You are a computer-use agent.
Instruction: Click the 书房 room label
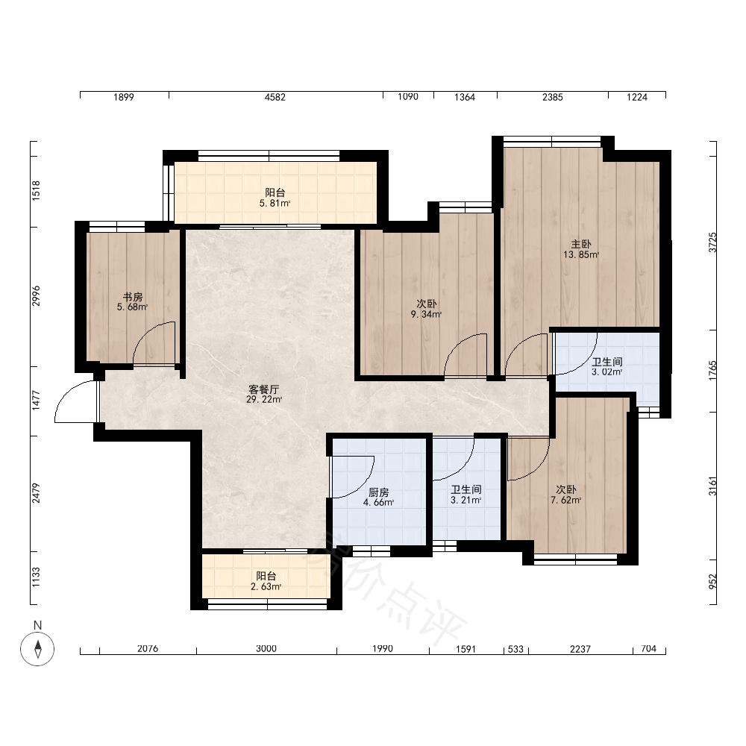[x=133, y=297]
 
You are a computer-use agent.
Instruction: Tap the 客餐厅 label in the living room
[x=264, y=389]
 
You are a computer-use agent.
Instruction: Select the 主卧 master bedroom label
[x=581, y=244]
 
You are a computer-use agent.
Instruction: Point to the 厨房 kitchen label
[x=379, y=492]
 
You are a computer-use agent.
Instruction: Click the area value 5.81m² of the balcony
[x=275, y=203]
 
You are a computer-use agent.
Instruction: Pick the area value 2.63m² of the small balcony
[x=266, y=586]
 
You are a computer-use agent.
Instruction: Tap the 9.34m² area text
[x=426, y=314]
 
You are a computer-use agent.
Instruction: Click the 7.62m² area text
[x=566, y=500]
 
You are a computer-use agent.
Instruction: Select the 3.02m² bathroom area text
[x=607, y=372]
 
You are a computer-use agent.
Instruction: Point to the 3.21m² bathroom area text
[x=466, y=500]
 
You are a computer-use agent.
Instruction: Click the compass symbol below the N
[x=37, y=648]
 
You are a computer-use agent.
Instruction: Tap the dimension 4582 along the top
[x=275, y=97]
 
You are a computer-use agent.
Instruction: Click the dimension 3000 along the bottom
[x=266, y=648]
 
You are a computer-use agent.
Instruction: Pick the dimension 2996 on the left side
[x=36, y=296]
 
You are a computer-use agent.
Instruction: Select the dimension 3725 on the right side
[x=712, y=242]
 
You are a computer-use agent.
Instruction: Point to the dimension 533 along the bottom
[x=515, y=648]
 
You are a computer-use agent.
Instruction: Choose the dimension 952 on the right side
[x=712, y=581]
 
